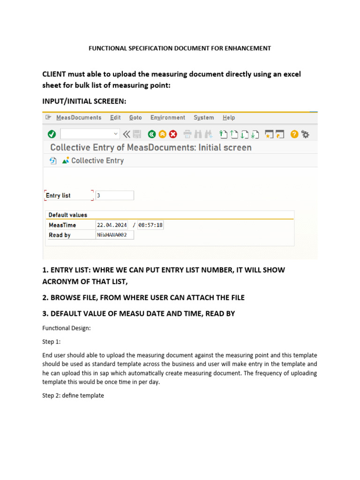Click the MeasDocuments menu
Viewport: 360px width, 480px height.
click(x=78, y=118)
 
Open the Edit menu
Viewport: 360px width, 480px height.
click(x=115, y=118)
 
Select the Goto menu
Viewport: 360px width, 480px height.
click(x=135, y=118)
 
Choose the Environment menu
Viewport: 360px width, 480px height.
click(x=167, y=118)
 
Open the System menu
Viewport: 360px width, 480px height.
click(x=203, y=118)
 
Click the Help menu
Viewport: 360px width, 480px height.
click(x=229, y=118)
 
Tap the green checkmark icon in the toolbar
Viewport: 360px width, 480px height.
click(x=52, y=135)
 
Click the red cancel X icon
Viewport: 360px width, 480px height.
click(x=173, y=135)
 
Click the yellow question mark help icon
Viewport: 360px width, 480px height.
click(x=294, y=135)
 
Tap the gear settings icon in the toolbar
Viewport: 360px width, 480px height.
click(x=305, y=135)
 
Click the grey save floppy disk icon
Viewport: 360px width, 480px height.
click(x=137, y=135)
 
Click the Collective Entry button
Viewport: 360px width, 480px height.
click(x=93, y=161)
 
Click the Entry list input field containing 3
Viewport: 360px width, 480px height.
click(x=114, y=195)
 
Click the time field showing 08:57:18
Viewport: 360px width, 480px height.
click(x=150, y=225)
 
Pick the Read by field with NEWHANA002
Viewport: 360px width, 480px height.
click(x=114, y=235)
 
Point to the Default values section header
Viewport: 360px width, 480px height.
click(x=68, y=215)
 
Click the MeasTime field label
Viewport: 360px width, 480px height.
click(x=62, y=225)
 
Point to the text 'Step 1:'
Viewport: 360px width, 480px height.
click(x=52, y=342)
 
